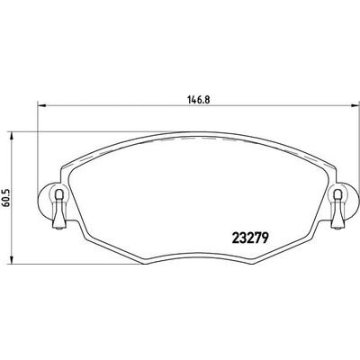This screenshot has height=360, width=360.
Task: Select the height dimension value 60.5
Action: [8, 193]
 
